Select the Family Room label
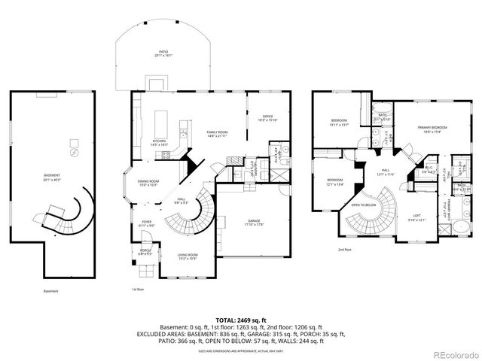click(x=218, y=134)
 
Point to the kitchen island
click(x=160, y=122)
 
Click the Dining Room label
click(x=148, y=183)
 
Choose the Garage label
click(x=252, y=223)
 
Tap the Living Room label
click(x=187, y=257)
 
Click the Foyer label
click(x=147, y=223)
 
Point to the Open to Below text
click(x=365, y=205)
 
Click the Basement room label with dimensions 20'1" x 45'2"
click(x=52, y=177)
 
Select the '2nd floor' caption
click(x=345, y=250)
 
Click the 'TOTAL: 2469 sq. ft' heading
click(x=240, y=320)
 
